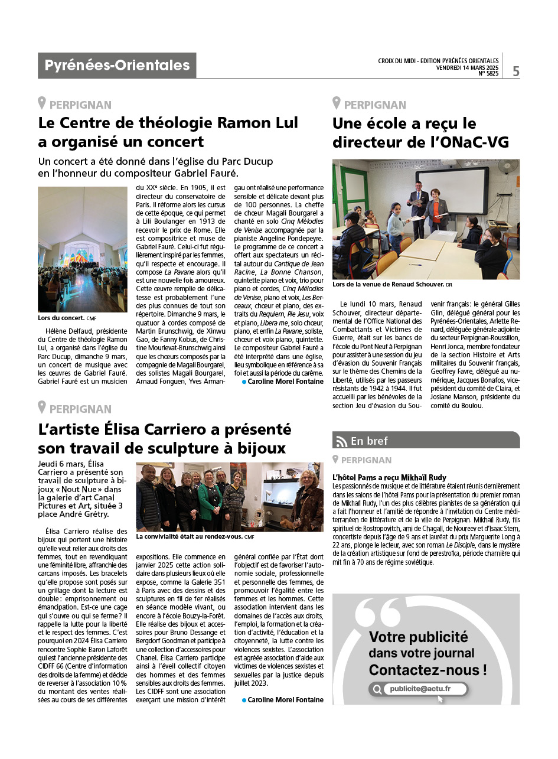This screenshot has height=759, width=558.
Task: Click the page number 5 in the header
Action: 516,71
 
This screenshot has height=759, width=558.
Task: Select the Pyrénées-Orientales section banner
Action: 117,66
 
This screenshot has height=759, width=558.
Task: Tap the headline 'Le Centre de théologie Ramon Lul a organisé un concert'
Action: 168,132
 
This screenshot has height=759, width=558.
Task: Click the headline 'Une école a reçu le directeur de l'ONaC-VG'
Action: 420,132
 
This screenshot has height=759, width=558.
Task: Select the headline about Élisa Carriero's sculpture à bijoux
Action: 165,438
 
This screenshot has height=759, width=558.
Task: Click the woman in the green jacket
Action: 210,500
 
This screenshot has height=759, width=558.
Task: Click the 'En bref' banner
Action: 426,440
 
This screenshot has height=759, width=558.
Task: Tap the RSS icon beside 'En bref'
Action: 341,441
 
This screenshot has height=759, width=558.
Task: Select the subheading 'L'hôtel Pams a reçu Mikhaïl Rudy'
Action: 390,477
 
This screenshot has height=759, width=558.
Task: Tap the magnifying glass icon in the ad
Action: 376,689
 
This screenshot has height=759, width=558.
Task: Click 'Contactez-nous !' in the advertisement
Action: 428,670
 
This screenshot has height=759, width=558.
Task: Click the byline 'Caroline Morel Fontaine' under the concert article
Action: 285,382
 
